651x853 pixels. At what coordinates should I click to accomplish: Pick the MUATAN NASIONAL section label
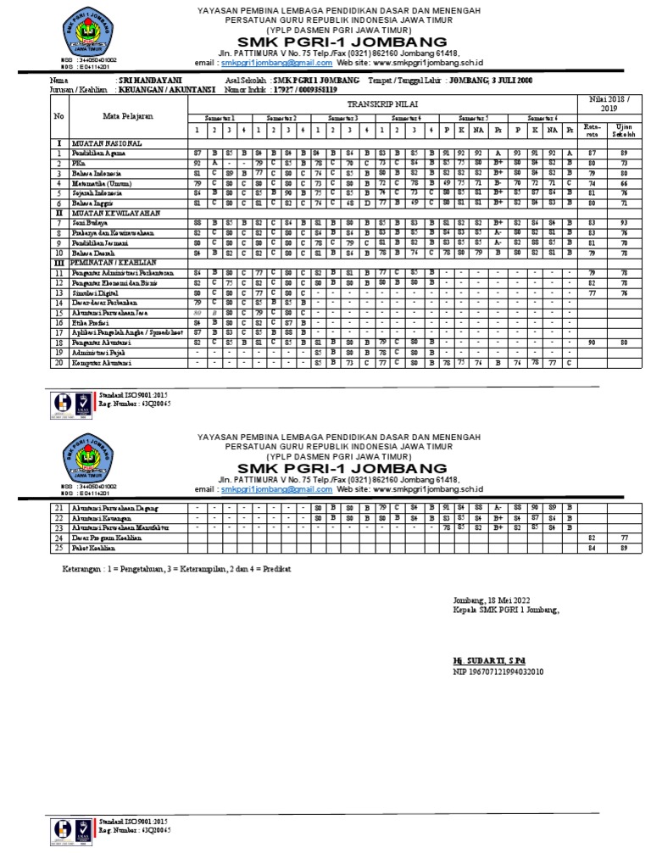pos(106,143)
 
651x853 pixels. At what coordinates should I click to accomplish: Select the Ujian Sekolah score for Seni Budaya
pos(623,223)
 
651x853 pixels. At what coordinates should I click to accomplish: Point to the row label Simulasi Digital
pos(97,292)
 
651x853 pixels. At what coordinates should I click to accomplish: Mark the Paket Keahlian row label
pos(95,548)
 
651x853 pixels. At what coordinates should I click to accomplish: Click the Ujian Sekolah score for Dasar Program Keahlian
pos(623,538)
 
